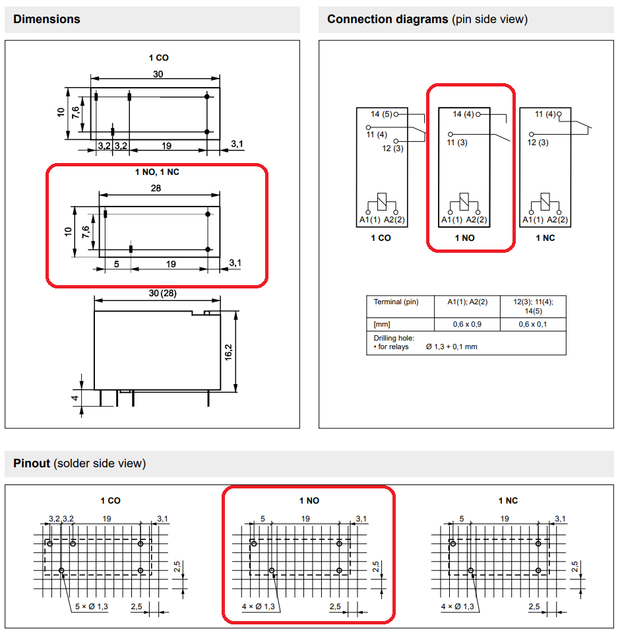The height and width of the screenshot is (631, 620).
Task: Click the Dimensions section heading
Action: pyautogui.click(x=46, y=19)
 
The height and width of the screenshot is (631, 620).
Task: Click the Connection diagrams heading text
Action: pyautogui.click(x=387, y=19)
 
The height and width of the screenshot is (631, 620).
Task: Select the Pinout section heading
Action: pyautogui.click(x=32, y=463)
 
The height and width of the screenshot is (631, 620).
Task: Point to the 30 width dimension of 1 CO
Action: pyautogui.click(x=158, y=75)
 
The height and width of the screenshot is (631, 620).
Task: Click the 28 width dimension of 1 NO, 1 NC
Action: pyautogui.click(x=156, y=188)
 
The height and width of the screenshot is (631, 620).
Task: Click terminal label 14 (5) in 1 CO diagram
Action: pyautogui.click(x=381, y=114)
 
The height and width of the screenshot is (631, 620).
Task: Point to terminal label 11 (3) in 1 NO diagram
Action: pyautogui.click(x=456, y=143)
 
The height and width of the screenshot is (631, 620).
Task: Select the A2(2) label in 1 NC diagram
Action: pyautogui.click(x=557, y=220)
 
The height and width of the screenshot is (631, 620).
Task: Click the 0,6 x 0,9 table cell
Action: pyautogui.click(x=466, y=324)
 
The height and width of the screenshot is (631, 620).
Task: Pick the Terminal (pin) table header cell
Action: pyautogui.click(x=396, y=302)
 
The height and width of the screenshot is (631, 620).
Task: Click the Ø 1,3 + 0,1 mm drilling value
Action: pyautogui.click(x=452, y=347)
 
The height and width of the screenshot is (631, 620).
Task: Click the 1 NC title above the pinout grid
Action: pyautogui.click(x=508, y=501)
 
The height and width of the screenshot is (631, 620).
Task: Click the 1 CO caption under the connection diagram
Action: pyautogui.click(x=381, y=238)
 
